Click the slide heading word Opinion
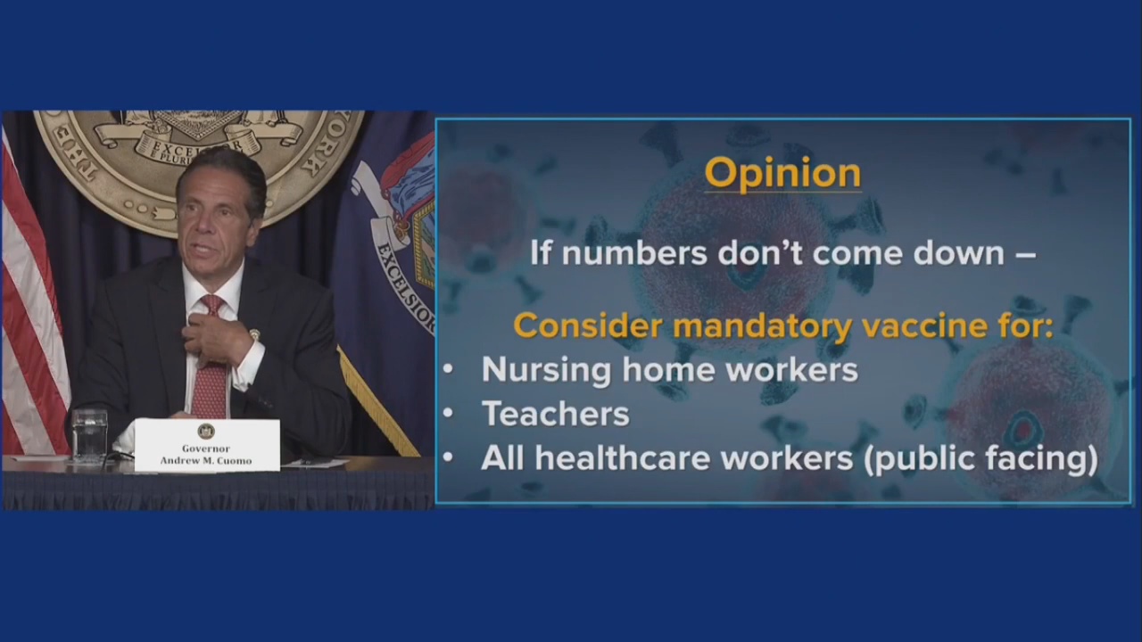click(x=782, y=173)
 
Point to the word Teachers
click(x=555, y=414)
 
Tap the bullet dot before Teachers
click(x=448, y=413)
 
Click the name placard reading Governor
click(x=207, y=445)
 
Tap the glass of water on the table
click(x=89, y=435)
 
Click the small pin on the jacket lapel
click(x=254, y=334)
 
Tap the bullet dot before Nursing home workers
click(x=448, y=369)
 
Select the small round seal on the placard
click(x=206, y=431)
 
